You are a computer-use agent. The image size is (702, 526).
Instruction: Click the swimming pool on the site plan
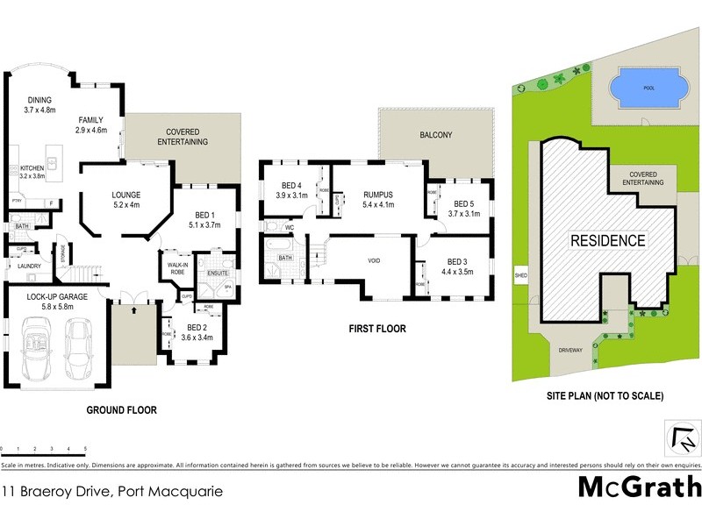644,88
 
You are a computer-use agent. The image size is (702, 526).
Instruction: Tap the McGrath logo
640,487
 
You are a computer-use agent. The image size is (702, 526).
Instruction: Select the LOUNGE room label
127,195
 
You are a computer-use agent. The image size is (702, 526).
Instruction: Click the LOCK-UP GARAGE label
56,297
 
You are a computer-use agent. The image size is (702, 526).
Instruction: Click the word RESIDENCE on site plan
608,240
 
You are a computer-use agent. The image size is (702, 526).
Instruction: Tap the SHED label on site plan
521,275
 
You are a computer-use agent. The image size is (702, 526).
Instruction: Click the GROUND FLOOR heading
121,409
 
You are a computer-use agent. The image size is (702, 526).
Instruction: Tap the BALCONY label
436,135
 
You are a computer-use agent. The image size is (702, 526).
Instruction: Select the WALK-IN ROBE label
172,268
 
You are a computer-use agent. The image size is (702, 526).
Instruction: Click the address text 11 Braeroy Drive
111,492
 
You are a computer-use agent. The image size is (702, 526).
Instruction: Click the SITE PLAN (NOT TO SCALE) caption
606,396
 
